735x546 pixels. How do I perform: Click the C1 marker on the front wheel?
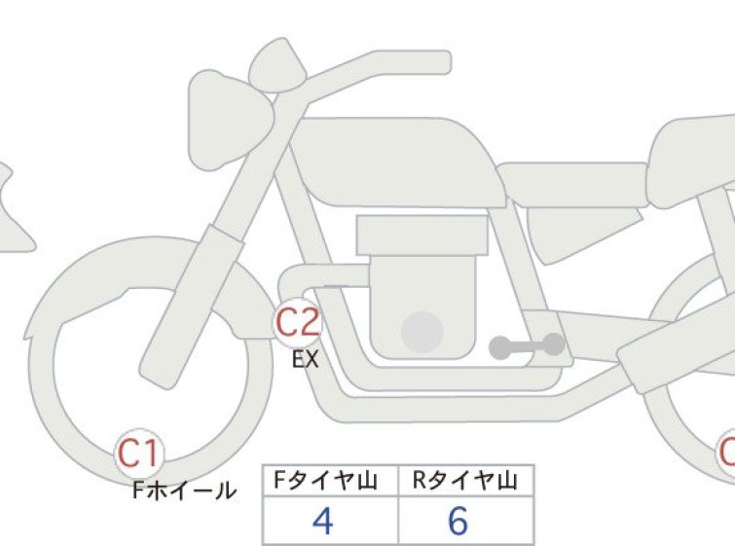[x=139, y=454]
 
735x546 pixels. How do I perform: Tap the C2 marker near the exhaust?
[x=298, y=322]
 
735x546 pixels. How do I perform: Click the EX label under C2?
[x=306, y=360]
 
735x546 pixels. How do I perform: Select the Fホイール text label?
[x=184, y=491]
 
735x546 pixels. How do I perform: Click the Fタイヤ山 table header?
[x=325, y=481]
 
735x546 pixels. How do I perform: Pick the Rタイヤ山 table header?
[x=465, y=481]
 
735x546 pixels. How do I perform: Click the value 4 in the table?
[x=323, y=521]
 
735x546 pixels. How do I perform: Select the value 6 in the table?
[x=458, y=521]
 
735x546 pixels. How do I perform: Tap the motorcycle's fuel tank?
[x=398, y=162]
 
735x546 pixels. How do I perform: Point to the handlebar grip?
[x=413, y=62]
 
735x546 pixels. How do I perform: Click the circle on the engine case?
[x=423, y=332]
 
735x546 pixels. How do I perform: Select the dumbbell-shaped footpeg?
[x=527, y=346]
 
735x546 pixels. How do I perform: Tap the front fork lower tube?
[x=192, y=307]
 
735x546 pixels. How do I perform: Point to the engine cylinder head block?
[x=422, y=236]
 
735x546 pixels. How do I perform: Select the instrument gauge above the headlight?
[x=277, y=65]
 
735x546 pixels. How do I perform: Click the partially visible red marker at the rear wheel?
[x=726, y=454]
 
